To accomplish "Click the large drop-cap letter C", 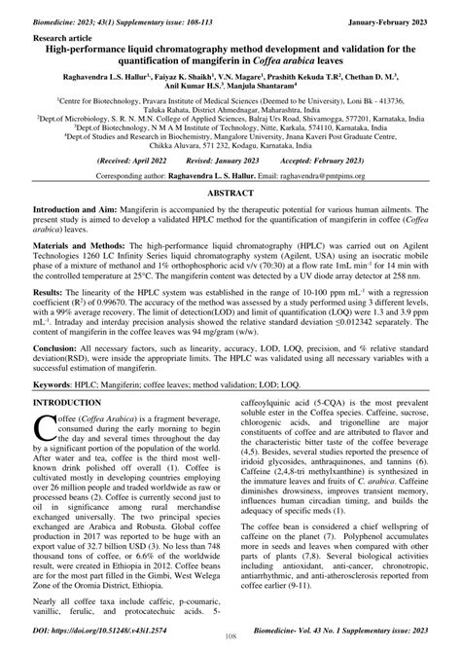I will coord(46,457).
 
